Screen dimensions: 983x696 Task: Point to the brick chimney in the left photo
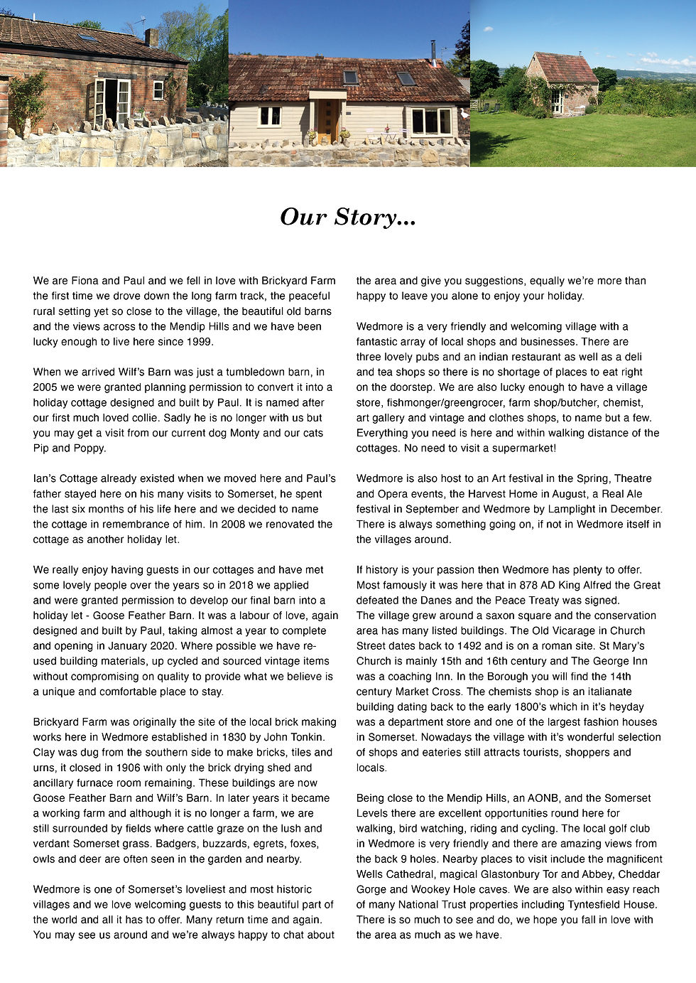coord(151,38)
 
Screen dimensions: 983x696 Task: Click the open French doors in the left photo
coord(112,103)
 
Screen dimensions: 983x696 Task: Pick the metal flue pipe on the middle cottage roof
coord(433,53)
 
